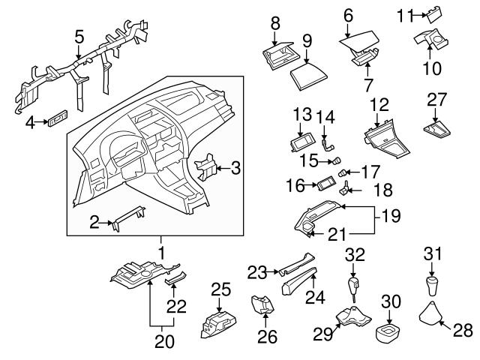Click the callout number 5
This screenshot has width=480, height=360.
[79, 35]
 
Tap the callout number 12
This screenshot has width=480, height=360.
[380, 105]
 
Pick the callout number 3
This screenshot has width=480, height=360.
[235, 169]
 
